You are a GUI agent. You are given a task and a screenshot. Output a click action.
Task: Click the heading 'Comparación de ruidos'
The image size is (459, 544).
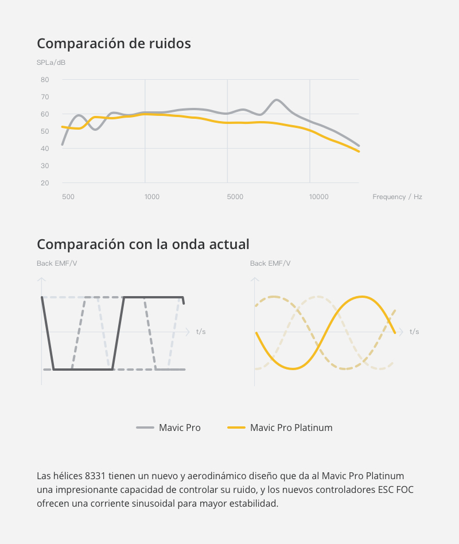tap(114, 44)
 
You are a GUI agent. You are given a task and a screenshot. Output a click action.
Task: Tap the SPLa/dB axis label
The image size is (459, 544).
tap(51, 62)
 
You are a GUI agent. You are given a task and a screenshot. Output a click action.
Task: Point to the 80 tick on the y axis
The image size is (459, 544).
tap(45, 80)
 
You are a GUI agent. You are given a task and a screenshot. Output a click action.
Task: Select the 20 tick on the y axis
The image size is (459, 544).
tap(45, 183)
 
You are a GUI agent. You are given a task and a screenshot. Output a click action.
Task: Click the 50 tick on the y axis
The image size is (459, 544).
tap(45, 131)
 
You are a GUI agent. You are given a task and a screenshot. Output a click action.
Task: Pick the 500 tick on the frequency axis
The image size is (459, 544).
tap(68, 197)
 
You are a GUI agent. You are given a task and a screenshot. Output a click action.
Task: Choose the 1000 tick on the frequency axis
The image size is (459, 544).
tap(152, 197)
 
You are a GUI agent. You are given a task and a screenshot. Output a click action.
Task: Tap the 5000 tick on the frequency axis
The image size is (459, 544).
tap(235, 197)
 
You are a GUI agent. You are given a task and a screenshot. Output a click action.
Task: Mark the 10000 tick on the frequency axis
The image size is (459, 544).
tap(319, 197)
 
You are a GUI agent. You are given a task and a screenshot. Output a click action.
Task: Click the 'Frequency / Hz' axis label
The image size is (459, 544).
tap(397, 197)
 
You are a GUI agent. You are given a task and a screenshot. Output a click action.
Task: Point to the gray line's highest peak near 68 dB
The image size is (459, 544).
tap(277, 100)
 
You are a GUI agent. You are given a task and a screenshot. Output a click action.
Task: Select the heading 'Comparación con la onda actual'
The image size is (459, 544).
tap(143, 244)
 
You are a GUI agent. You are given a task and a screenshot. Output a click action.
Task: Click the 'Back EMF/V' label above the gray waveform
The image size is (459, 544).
tap(57, 263)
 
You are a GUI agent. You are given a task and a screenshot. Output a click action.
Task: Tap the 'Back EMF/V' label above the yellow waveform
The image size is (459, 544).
tap(270, 263)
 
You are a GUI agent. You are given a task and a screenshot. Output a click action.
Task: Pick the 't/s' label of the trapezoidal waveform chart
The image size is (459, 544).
tap(201, 332)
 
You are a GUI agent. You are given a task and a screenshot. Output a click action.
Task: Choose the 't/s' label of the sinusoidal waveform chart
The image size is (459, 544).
tap(414, 332)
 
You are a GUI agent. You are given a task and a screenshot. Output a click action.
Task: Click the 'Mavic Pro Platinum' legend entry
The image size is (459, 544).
tap(291, 428)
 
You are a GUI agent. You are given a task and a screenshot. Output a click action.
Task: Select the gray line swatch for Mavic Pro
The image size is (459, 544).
tap(145, 428)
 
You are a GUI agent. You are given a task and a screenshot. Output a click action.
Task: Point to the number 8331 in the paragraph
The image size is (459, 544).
tap(94, 476)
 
